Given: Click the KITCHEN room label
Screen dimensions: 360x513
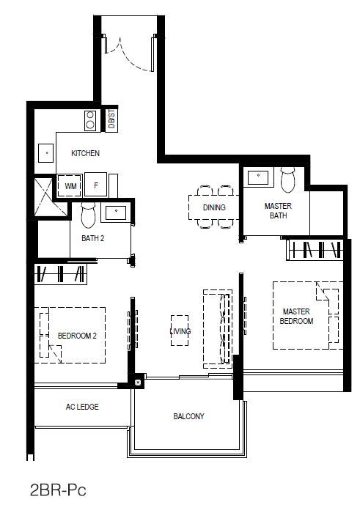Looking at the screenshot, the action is pyautogui.click(x=86, y=153).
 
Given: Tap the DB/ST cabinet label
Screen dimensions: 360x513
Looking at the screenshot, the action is pyautogui.click(x=111, y=119).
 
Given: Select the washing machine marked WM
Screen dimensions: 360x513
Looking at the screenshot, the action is pyautogui.click(x=70, y=185).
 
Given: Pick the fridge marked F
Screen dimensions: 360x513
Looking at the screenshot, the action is pyautogui.click(x=95, y=185).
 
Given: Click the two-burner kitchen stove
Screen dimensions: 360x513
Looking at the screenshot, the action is pyautogui.click(x=90, y=120).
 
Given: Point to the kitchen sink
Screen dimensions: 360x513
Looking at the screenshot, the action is pyautogui.click(x=45, y=152).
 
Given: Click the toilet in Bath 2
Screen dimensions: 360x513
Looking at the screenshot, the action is pyautogui.click(x=88, y=215).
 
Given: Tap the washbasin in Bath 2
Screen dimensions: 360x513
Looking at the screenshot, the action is pyautogui.click(x=116, y=213).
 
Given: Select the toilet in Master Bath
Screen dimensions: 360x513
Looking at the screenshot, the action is pyautogui.click(x=288, y=180).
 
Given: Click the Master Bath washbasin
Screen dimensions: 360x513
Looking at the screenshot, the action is pyautogui.click(x=258, y=177).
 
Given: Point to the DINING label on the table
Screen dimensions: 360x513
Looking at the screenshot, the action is pyautogui.click(x=214, y=207).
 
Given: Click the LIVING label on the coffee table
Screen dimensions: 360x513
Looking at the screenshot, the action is pyautogui.click(x=180, y=331).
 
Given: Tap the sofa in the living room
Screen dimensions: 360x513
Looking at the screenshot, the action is pyautogui.click(x=217, y=329).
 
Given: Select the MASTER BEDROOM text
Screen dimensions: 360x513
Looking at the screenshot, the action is pyautogui.click(x=296, y=316).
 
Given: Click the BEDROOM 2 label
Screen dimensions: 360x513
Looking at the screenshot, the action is pyautogui.click(x=77, y=336).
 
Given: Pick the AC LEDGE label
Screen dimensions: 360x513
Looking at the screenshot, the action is pyautogui.click(x=82, y=407).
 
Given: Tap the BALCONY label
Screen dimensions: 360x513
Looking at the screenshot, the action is pyautogui.click(x=188, y=416).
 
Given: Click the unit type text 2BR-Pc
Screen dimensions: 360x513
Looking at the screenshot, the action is pyautogui.click(x=58, y=490).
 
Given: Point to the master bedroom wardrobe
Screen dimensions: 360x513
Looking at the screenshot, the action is pyautogui.click(x=315, y=250).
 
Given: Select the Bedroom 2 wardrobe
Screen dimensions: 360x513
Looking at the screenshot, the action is pyautogui.click(x=61, y=273).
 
